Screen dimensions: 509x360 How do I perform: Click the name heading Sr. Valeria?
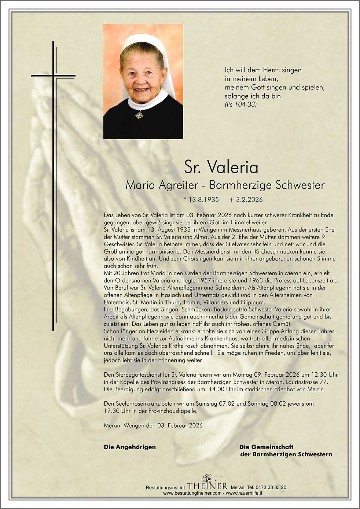pyautogui.click(x=221, y=167)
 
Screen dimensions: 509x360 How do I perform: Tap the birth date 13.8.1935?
pyautogui.click(x=203, y=200)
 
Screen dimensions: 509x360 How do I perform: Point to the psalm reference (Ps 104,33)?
pyautogui.click(x=240, y=104)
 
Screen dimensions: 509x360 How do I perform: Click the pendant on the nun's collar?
pyautogui.click(x=139, y=115)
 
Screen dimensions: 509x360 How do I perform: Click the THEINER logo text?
pyautogui.click(x=207, y=486)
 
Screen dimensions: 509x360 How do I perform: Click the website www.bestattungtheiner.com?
pyautogui.click(x=192, y=493)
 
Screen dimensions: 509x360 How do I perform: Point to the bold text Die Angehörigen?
pyautogui.click(x=130, y=447)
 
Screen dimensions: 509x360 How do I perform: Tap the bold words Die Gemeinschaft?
pyautogui.click(x=266, y=447)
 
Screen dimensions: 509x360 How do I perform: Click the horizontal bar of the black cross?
pyautogui.click(x=53, y=76)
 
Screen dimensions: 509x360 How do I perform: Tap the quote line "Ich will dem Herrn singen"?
pyautogui.click(x=263, y=70)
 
